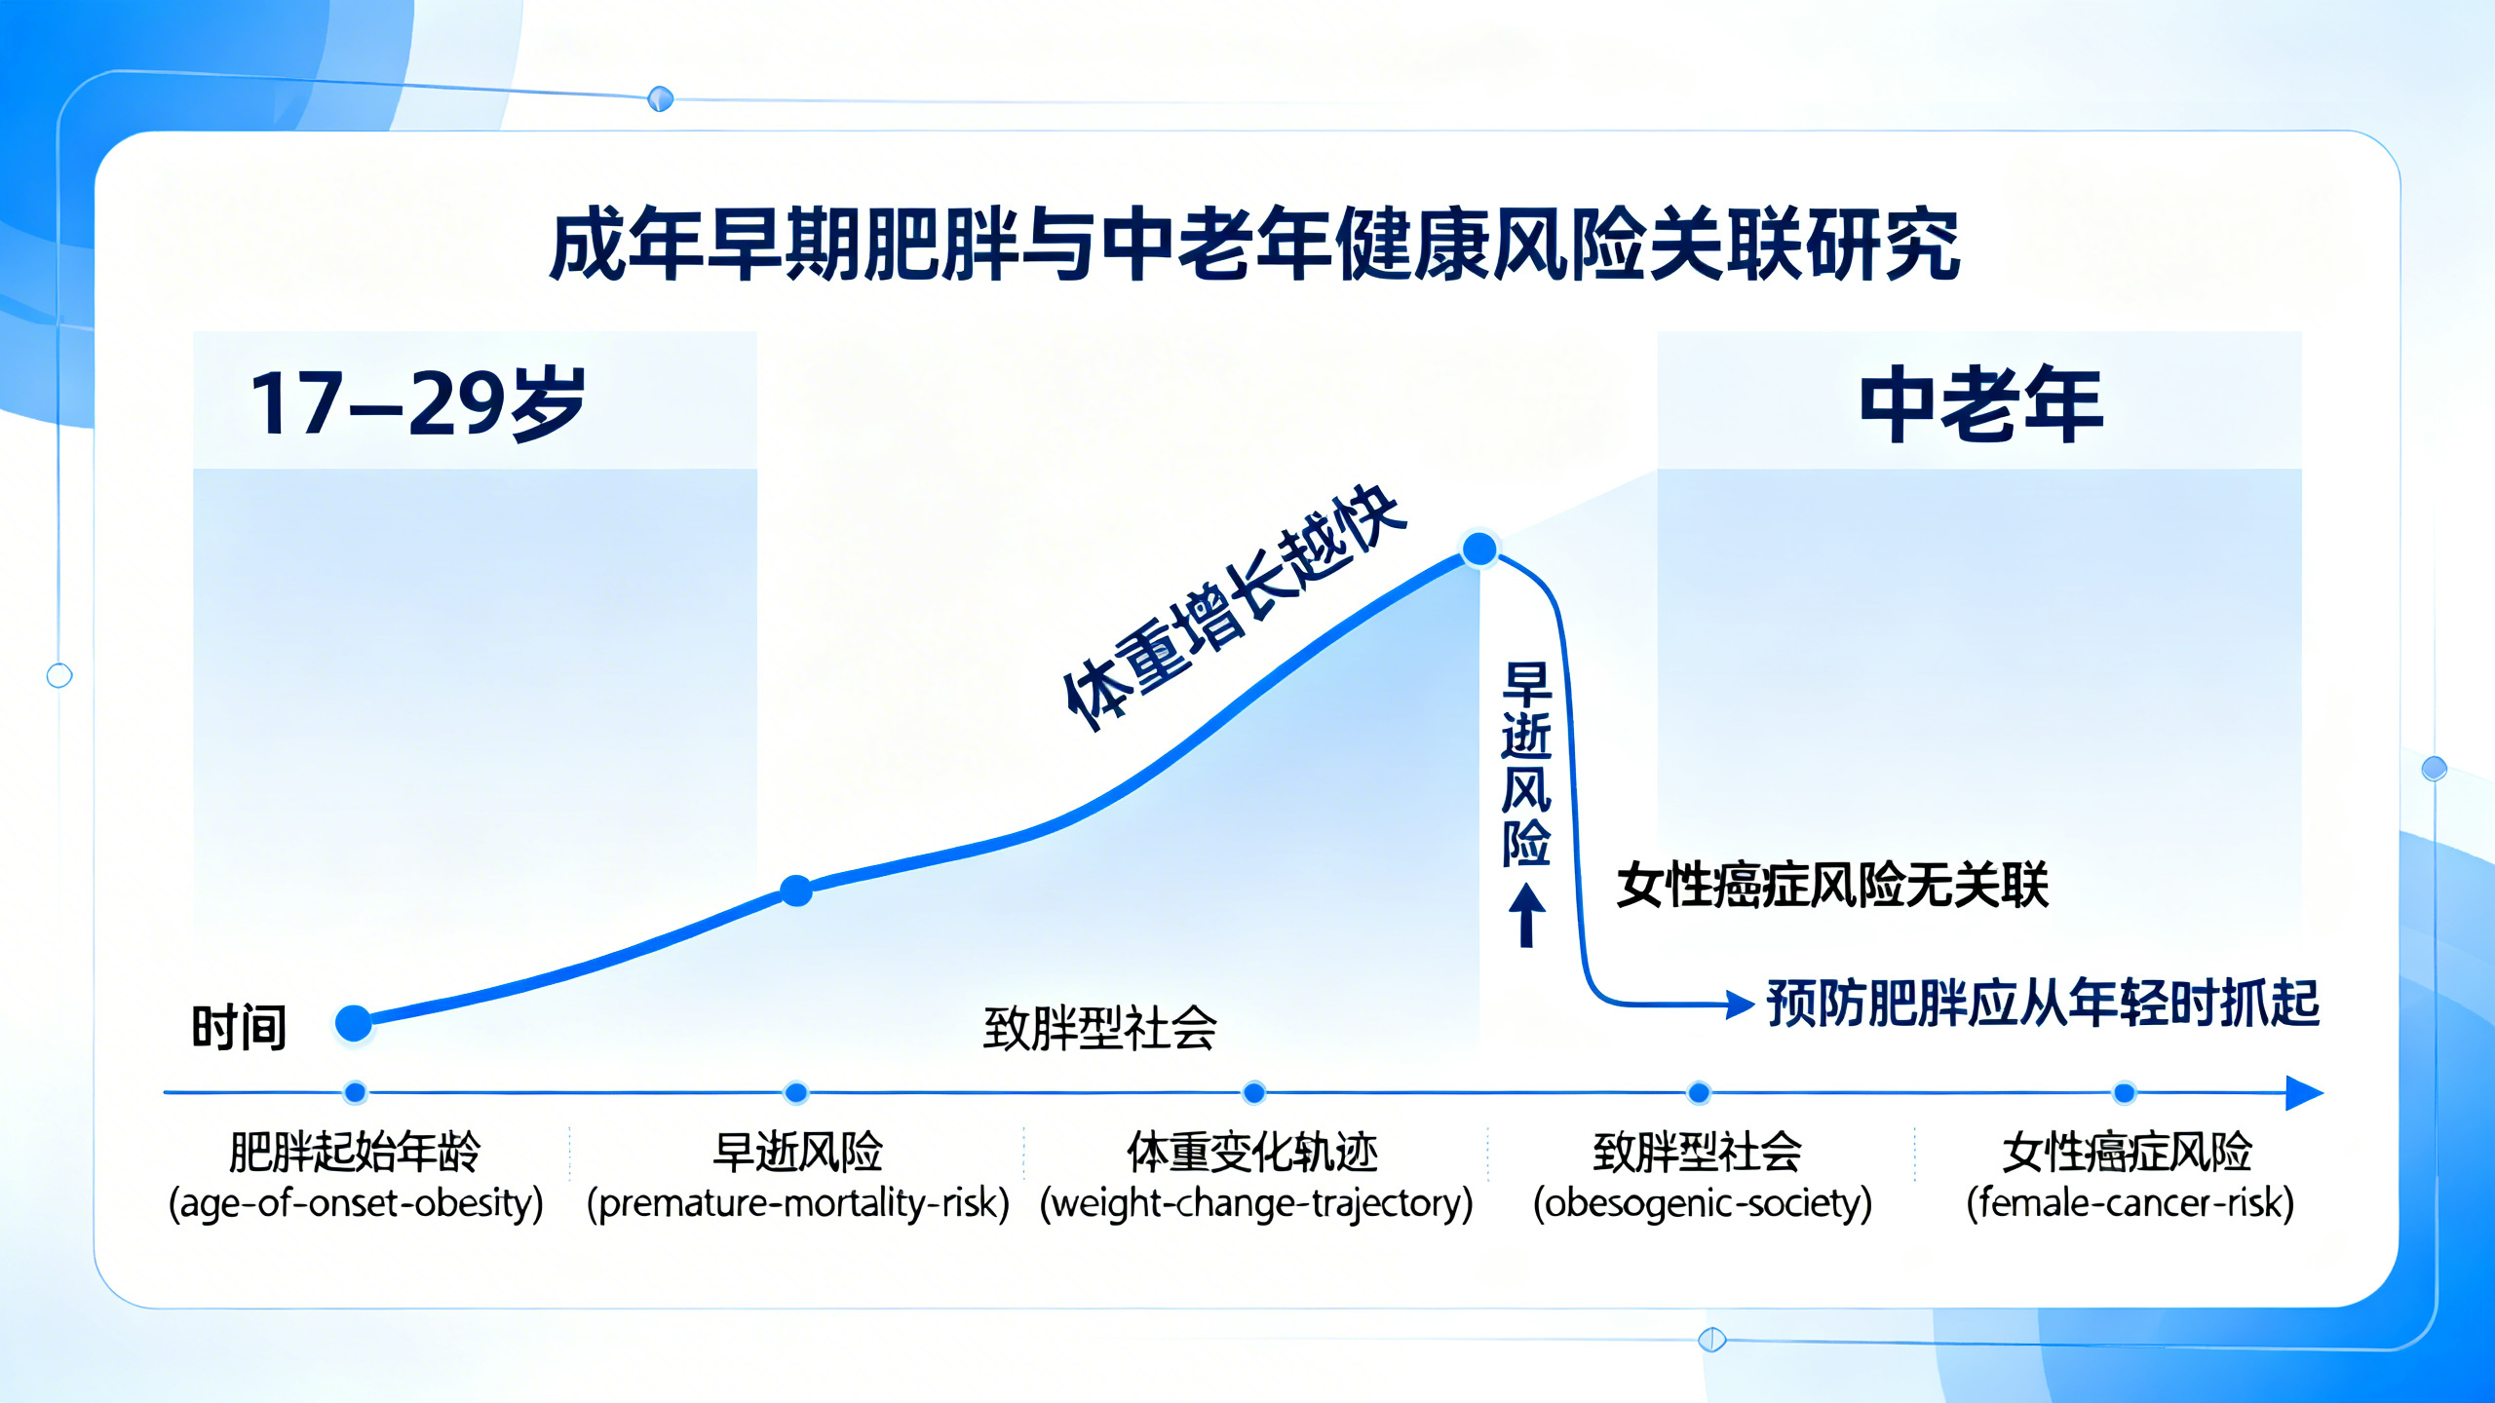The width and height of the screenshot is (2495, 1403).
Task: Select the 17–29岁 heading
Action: [417, 403]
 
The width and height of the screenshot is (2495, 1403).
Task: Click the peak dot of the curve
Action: [1479, 550]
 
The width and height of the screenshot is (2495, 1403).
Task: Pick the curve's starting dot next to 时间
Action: [354, 1023]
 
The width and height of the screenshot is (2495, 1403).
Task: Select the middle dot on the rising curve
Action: [796, 891]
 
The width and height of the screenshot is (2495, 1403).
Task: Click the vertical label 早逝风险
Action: [1525, 765]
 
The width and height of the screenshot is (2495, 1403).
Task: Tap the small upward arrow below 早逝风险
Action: [1526, 915]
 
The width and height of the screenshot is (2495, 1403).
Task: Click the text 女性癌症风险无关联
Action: [1832, 886]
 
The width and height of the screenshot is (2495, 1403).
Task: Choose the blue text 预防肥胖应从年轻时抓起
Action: [2043, 1003]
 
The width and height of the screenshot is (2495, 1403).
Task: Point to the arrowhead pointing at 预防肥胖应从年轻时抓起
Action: [1739, 1004]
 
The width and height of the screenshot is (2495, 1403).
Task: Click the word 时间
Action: [239, 1028]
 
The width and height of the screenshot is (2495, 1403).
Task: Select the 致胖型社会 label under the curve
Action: [1099, 1028]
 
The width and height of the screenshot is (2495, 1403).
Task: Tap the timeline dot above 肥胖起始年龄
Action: [355, 1092]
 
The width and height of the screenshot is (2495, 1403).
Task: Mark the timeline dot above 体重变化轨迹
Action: [1254, 1093]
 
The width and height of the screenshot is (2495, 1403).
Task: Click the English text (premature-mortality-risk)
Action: [797, 1203]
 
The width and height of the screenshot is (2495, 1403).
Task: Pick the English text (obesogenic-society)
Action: [1702, 1203]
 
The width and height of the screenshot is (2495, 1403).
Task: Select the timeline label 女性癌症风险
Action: [2127, 1152]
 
